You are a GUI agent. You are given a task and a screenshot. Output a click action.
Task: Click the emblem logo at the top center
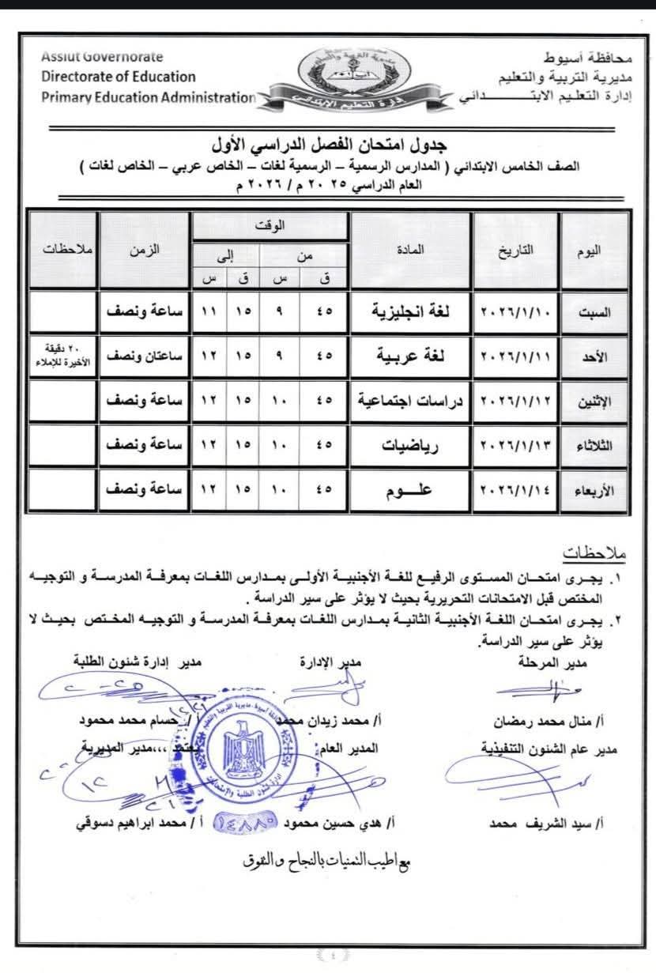(x=355, y=79)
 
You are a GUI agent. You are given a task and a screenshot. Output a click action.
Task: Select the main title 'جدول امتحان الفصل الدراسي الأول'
(x=328, y=145)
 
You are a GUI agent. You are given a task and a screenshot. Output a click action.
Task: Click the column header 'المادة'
(x=410, y=250)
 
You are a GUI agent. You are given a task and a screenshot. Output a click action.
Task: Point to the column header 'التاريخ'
(x=517, y=250)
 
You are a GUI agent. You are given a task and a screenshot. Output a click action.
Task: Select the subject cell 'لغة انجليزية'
(x=410, y=311)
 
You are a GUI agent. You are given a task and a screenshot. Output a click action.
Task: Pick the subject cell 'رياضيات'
(x=410, y=446)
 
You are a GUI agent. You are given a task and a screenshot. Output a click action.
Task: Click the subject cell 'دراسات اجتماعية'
(x=410, y=402)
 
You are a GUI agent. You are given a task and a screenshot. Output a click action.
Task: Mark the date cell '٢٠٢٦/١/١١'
(x=517, y=356)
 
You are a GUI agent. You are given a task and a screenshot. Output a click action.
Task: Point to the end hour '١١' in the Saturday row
(x=209, y=311)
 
